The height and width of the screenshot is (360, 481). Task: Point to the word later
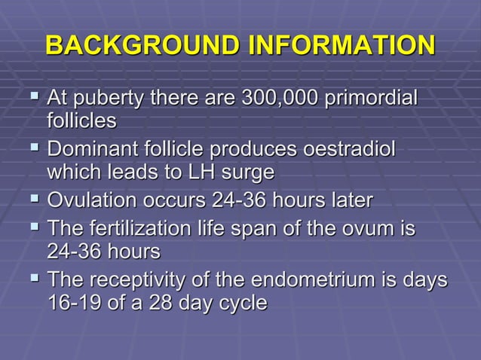(348, 200)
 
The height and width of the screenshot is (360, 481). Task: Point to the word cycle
(240, 304)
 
